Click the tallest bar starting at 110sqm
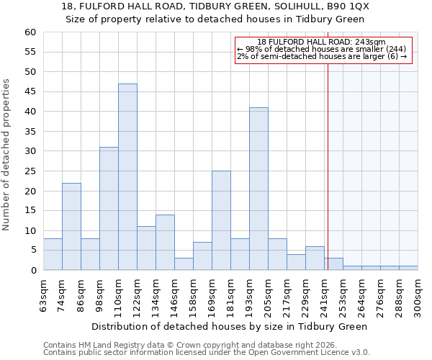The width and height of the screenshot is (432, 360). [x=127, y=177]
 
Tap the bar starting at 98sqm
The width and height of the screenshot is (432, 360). [x=109, y=209]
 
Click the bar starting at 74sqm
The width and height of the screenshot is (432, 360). [x=71, y=226]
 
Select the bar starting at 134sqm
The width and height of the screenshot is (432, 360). [x=165, y=243]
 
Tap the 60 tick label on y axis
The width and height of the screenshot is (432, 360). [x=30, y=32]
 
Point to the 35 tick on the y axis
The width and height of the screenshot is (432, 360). [x=30, y=132]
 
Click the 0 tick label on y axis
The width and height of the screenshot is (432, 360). [x=32, y=271]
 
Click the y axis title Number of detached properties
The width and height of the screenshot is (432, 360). [x=7, y=155]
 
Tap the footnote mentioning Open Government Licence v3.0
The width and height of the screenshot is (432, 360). [x=207, y=353]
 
